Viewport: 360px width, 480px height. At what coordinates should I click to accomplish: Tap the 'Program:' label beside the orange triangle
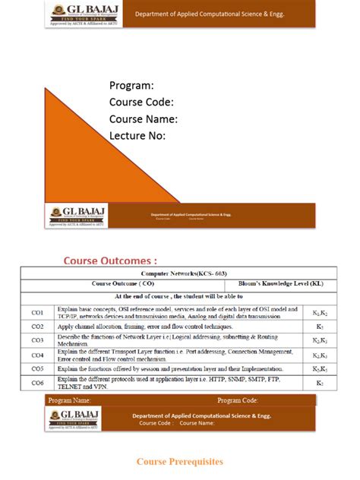(x=131, y=85)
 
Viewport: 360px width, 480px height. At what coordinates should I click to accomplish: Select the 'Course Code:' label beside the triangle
(x=141, y=102)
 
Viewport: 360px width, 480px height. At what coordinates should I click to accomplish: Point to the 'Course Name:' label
(x=144, y=119)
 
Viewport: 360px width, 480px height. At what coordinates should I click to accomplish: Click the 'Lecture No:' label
(x=137, y=136)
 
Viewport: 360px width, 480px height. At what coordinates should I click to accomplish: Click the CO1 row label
(x=37, y=312)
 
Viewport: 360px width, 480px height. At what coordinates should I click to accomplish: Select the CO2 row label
(x=37, y=326)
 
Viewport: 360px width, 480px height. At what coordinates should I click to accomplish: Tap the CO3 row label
(x=37, y=339)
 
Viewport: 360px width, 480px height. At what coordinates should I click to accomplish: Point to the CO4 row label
(x=37, y=355)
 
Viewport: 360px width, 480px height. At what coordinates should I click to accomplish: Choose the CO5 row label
(x=37, y=368)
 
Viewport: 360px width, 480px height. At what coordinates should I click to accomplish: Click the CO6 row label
(x=37, y=383)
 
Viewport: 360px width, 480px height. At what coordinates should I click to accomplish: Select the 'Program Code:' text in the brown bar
(x=238, y=399)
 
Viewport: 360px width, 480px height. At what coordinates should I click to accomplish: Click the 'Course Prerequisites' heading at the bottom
(x=180, y=461)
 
